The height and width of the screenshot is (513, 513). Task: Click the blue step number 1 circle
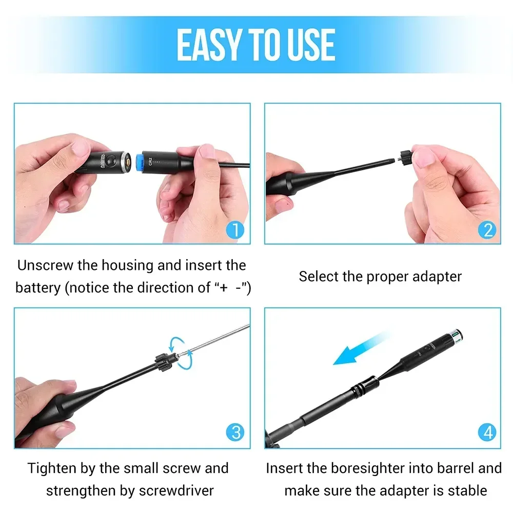pos(235,230)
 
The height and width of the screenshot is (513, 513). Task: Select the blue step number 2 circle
pos(487,230)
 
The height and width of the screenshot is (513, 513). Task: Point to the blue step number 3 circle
pos(235,432)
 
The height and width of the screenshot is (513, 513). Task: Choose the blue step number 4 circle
pos(487,432)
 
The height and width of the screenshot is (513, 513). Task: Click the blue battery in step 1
pos(139,162)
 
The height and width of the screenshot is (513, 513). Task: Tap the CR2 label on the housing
pos(150,161)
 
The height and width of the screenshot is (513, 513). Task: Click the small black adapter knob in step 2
pos(406,157)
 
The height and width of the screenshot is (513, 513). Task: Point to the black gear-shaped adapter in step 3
pos(164,362)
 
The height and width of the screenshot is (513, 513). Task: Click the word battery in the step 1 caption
pos(38,288)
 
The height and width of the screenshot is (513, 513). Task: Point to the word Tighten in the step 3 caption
pos(52,468)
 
